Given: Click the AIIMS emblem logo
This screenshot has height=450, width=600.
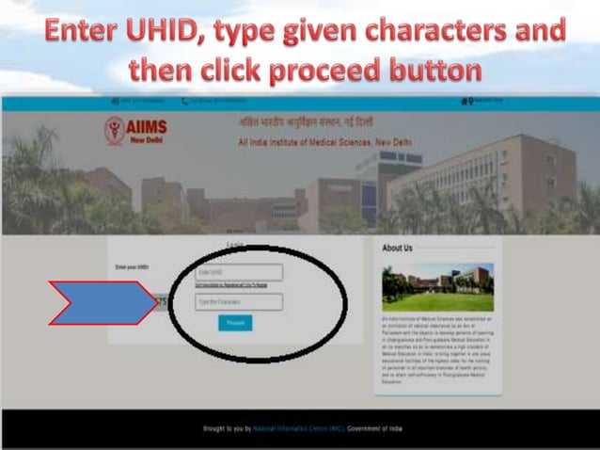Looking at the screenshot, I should [x=114, y=129].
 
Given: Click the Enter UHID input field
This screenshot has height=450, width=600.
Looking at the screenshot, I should [x=238, y=273].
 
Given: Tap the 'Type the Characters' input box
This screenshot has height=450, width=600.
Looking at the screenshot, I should [x=238, y=302].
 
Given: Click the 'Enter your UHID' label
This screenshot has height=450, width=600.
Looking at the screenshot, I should [x=132, y=268].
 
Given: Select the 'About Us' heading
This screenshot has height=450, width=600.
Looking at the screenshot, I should [x=397, y=249].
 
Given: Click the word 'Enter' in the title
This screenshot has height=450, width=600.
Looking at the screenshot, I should [x=82, y=34].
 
